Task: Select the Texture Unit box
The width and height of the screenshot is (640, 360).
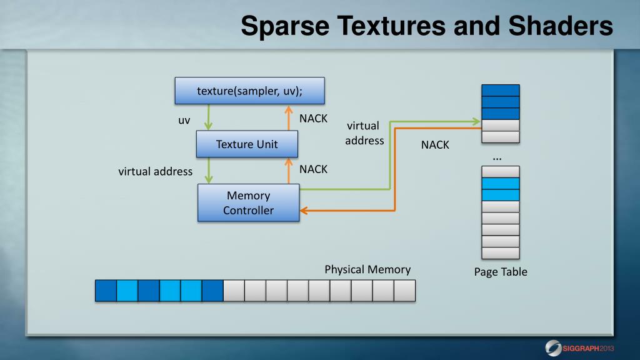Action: coord(247,144)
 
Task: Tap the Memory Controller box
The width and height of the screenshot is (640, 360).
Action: coord(248,203)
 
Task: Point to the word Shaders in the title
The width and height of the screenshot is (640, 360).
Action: coord(561,27)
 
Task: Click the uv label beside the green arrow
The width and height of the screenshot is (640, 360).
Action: coord(184,120)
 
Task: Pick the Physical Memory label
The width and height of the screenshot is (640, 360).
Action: coord(367,269)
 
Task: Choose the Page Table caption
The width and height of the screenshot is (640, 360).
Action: coord(501,272)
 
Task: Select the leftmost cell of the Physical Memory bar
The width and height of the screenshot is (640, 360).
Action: coord(106,291)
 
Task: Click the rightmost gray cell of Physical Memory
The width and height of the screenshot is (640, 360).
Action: coord(404,291)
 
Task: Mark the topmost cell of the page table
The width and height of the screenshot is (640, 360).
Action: coord(501,90)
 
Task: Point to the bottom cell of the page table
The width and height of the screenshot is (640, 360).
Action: coord(501,253)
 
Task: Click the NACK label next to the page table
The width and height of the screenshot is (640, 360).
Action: coord(435,145)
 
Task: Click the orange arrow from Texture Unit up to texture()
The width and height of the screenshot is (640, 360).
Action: coord(289,117)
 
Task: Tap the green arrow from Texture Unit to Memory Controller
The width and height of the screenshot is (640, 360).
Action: coord(209,170)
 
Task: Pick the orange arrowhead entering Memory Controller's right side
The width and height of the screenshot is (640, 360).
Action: coord(304,211)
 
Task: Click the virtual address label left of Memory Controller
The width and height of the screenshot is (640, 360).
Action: coord(156,171)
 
